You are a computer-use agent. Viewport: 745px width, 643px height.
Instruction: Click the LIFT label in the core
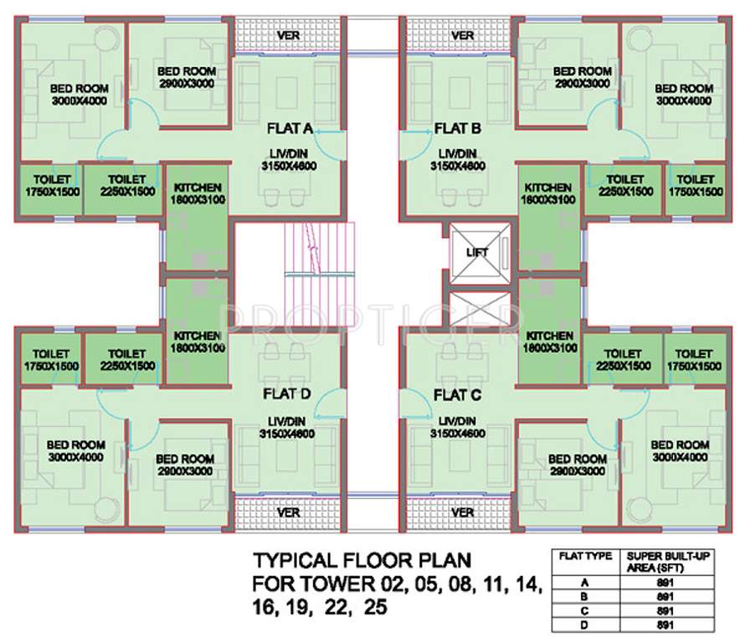[x=479, y=251]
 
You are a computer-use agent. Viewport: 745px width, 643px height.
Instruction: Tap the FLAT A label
[x=289, y=128]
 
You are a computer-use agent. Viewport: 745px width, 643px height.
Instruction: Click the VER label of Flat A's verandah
[x=289, y=36]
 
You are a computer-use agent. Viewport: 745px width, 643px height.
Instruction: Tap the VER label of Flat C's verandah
[x=462, y=512]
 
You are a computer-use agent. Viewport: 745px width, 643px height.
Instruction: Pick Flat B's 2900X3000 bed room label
[x=582, y=78]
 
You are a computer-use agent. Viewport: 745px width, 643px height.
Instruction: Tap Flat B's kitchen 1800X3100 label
[x=548, y=193]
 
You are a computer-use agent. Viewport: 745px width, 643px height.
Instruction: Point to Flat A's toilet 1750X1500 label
[x=45, y=185]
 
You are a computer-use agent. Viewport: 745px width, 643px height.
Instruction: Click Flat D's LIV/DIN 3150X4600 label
[x=287, y=426]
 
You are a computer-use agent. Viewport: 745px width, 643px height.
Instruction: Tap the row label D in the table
[x=579, y=624]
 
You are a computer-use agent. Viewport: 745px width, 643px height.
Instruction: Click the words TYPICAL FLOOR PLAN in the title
[x=362, y=559]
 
